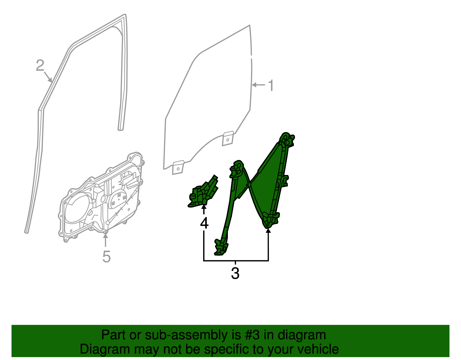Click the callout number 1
coord(271,86)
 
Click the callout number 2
coord(40,65)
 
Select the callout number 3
coord(235,273)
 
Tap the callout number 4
coord(204,223)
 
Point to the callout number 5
coord(106,256)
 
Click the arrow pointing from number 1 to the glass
coord(258,85)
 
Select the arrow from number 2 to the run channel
coord(48,77)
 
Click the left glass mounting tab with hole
coord(178,168)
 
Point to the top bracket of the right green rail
coord(286,140)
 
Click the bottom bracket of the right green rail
coord(271,220)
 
